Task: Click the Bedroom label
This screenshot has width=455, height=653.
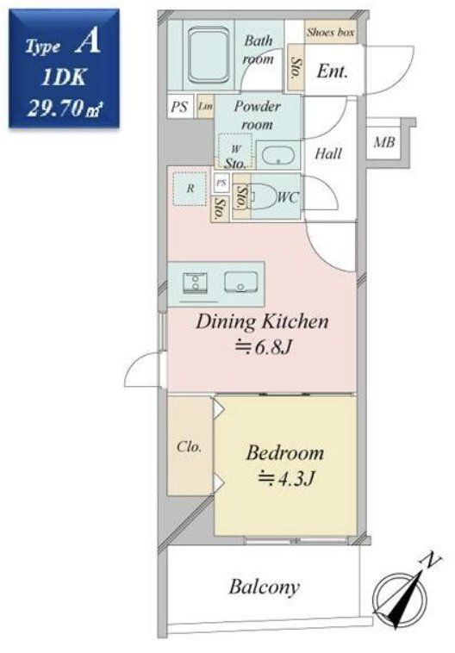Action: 285,453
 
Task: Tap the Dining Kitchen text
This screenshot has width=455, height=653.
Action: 262,322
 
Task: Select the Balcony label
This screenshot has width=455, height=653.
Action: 265,588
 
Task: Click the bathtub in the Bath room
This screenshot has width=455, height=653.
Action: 209,55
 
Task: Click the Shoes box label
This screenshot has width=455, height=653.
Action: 330,33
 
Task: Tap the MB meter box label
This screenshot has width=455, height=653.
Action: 383,142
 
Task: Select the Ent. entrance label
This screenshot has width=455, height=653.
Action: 332,72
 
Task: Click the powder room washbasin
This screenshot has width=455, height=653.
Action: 278,155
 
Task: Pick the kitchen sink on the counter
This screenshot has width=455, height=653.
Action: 240,282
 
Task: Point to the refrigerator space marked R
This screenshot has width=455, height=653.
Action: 190,189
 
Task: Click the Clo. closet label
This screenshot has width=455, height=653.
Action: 189,447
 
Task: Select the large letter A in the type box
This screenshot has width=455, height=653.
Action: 88,43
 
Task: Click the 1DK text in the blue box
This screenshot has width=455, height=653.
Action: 64,77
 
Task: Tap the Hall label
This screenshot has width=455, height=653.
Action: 328,153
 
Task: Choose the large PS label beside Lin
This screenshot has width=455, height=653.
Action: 179,107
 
